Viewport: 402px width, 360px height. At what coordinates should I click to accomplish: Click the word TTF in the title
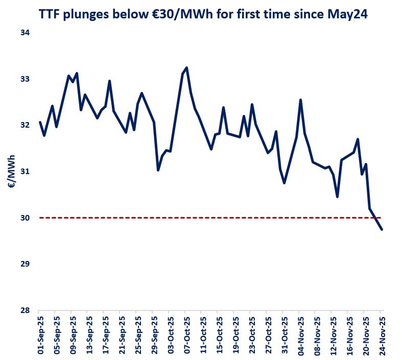[x=50, y=15]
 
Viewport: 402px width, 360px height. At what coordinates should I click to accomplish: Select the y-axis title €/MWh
[x=11, y=172]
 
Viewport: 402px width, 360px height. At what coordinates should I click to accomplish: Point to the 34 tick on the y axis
[x=25, y=33]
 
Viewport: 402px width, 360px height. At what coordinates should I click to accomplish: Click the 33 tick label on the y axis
[x=25, y=79]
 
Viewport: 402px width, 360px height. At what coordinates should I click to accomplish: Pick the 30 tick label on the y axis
[x=25, y=218]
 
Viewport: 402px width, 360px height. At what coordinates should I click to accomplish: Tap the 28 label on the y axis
[x=25, y=310]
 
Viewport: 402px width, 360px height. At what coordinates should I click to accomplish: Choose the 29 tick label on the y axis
[x=25, y=264]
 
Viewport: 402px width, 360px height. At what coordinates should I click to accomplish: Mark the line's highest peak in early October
[x=186, y=67]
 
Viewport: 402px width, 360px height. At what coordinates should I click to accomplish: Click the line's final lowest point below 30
[x=382, y=230]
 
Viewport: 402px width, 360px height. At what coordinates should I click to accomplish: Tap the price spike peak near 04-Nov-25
[x=300, y=100]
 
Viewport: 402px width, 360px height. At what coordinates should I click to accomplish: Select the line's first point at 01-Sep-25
[x=40, y=122]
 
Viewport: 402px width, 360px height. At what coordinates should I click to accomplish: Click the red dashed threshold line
[x=204, y=218]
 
